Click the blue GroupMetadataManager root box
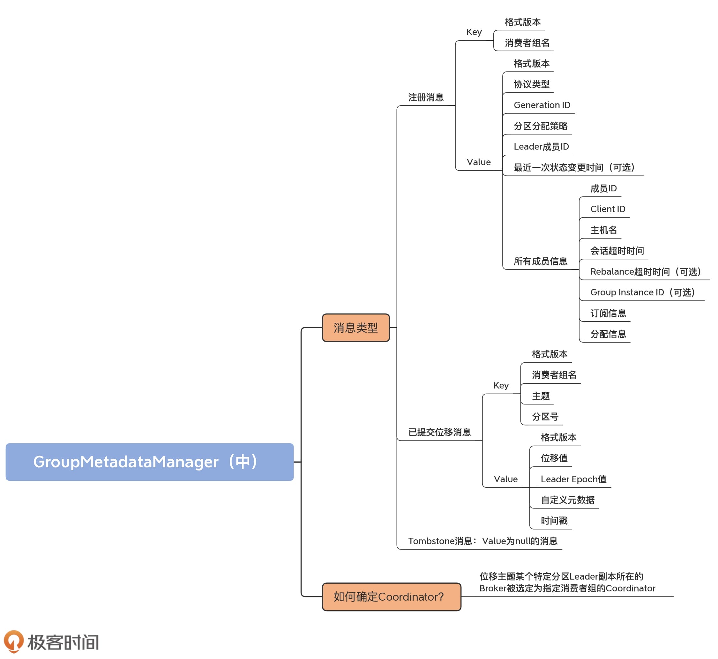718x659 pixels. click(149, 462)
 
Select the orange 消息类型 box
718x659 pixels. click(355, 328)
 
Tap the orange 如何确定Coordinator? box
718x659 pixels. click(391, 596)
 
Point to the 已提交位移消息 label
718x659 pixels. click(439, 432)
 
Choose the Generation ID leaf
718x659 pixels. click(542, 105)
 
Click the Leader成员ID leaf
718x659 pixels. click(541, 146)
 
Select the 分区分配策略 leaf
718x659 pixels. click(540, 126)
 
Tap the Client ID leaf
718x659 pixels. click(608, 209)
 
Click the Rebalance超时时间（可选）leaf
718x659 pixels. click(646, 272)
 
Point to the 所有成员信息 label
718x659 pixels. click(540, 261)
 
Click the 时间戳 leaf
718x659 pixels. click(554, 521)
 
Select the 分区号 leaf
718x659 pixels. click(545, 417)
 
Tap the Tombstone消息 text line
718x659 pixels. click(482, 541)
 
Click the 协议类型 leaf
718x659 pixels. click(531, 85)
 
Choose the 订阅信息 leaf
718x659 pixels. click(608, 313)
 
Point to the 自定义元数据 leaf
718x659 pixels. click(567, 500)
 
